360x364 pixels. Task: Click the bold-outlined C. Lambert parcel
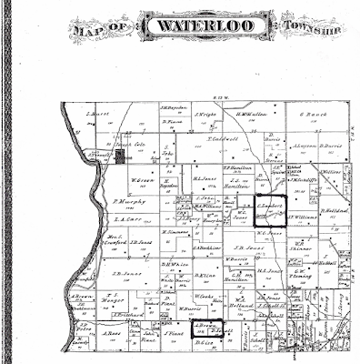[x=267, y=208]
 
